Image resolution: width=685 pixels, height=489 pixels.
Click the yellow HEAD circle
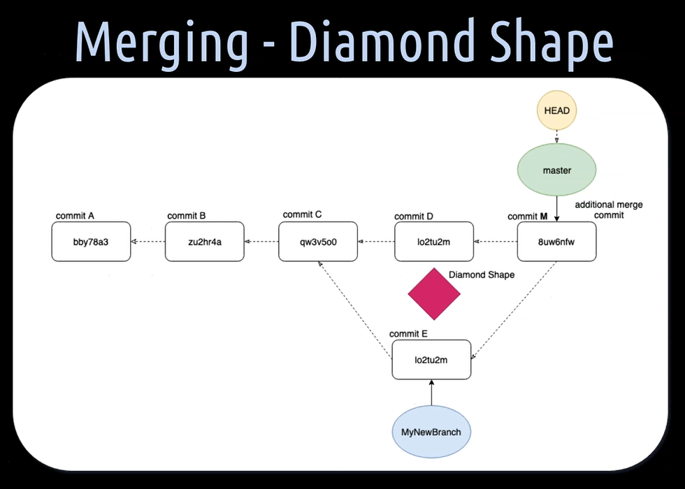557,110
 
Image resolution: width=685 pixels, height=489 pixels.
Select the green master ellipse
557,170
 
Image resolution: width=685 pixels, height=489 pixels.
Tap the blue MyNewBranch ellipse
431,432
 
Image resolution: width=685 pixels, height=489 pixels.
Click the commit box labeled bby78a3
91,242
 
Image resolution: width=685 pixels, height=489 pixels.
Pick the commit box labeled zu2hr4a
204,242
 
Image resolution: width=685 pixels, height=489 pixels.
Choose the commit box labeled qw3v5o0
317,242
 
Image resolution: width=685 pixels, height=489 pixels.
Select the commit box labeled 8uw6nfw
556,242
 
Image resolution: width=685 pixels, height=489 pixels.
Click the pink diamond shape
434,293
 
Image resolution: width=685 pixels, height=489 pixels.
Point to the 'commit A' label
75,216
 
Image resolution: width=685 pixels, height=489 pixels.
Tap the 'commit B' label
187,216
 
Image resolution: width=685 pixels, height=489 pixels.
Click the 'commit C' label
303,214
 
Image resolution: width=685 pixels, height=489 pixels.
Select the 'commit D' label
414,217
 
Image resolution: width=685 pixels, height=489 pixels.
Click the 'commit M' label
527,217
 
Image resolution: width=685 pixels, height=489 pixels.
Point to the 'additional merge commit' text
608,210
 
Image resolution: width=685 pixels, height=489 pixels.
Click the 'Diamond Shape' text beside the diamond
481,275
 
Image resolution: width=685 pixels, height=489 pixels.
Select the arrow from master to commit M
557,208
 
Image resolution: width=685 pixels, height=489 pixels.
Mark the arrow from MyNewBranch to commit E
431,393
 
